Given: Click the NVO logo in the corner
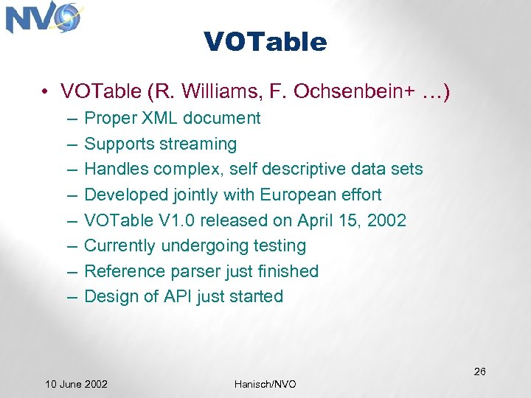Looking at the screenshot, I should coord(43,18).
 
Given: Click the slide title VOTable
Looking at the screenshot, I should coord(265,42).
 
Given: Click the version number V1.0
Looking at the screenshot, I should coord(165,220).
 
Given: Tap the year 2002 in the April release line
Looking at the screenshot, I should coord(386,220).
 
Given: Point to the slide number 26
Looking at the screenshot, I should coord(479,371).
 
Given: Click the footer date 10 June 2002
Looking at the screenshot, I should coord(76,384).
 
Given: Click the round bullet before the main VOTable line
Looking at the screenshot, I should coord(46,92).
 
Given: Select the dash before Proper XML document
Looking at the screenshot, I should coord(70,118).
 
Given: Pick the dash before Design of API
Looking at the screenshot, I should coord(70,296).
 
